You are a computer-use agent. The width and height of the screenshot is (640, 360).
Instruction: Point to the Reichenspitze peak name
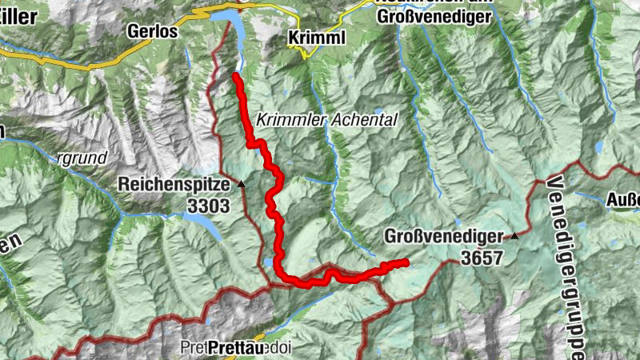174,184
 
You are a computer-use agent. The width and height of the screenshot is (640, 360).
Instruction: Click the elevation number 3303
208,206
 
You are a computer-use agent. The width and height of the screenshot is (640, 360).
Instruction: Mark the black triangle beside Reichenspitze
241,184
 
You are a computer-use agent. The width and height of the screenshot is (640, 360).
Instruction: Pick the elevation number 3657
481,258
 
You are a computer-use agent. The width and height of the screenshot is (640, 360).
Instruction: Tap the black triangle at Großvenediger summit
514,237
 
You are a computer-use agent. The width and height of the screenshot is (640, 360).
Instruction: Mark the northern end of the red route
235,75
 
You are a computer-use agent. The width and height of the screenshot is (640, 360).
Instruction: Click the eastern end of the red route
406,262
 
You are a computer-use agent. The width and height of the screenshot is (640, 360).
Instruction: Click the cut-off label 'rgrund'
82,158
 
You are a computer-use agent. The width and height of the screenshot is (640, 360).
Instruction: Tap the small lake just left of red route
267,261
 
